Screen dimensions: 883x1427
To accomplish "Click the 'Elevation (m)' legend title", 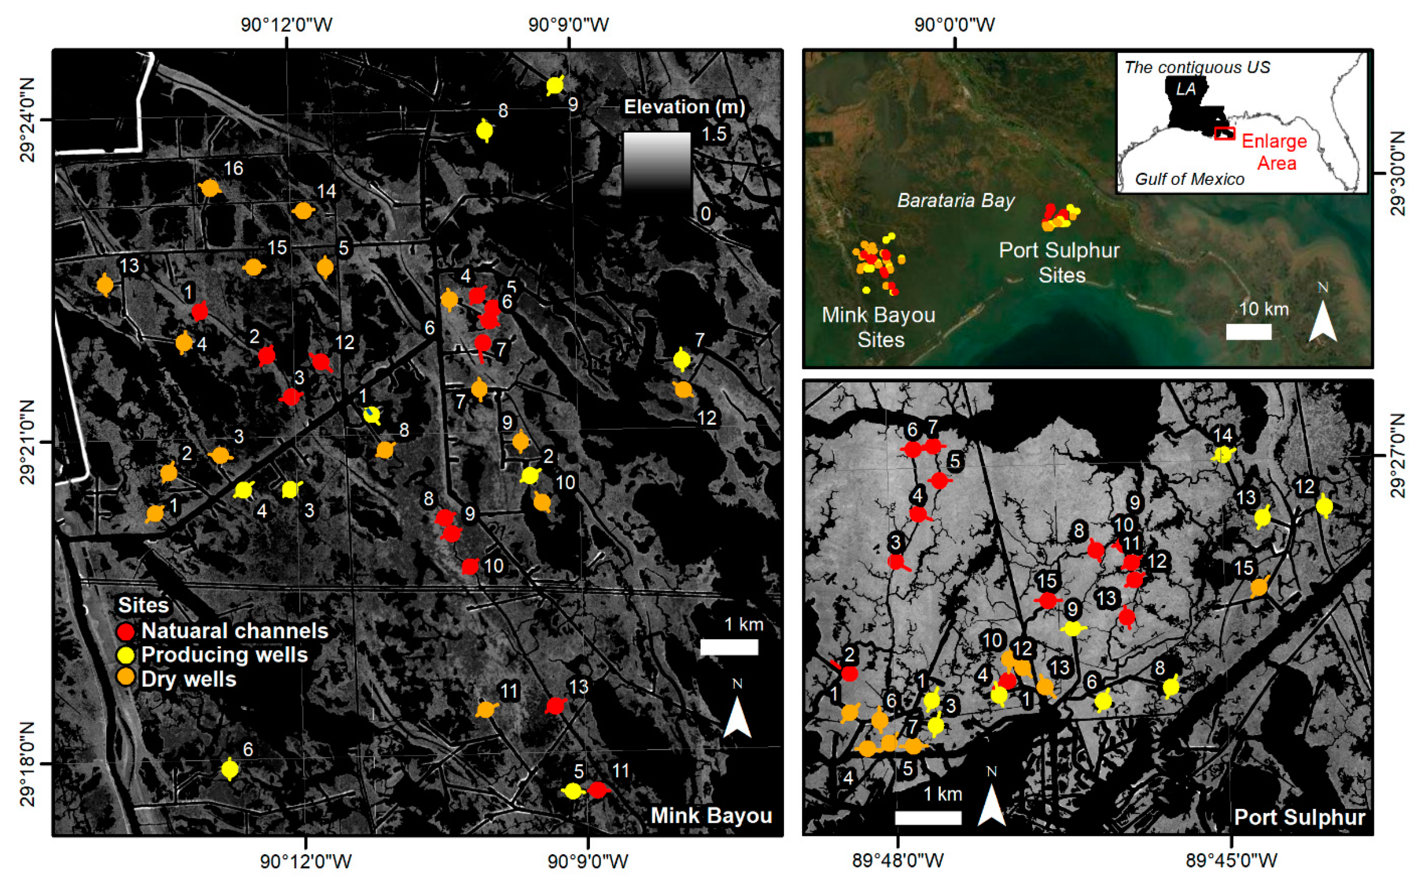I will (x=684, y=107).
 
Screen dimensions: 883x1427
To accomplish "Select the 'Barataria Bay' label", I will (x=956, y=201).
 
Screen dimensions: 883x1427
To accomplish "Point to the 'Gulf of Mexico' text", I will (x=1189, y=179).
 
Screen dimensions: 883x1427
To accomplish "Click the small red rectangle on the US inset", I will (x=1224, y=133).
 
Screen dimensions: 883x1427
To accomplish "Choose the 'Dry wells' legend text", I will (x=189, y=679).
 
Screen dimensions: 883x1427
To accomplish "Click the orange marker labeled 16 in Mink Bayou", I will (x=209, y=188).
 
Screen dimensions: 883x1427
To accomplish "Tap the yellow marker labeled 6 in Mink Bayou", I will (x=230, y=769).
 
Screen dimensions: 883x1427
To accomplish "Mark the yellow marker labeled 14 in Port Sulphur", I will (x=1222, y=454).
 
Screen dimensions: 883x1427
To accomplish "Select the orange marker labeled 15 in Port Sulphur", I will (x=1259, y=587).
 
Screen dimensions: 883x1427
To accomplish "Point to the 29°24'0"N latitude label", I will (x=27, y=120).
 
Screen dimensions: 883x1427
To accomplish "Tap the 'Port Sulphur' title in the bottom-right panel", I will (x=1299, y=817).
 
